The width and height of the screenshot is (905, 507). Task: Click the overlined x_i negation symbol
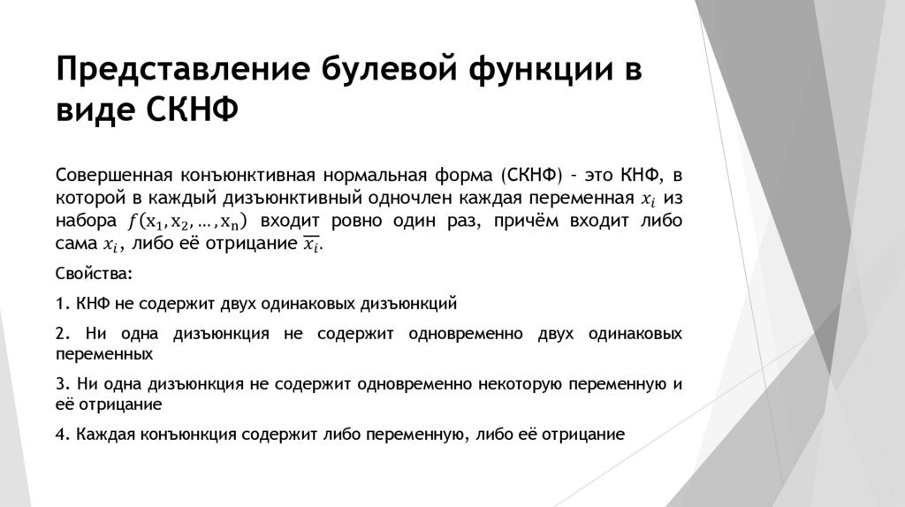click(x=312, y=245)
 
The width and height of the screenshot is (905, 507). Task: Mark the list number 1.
click(x=61, y=304)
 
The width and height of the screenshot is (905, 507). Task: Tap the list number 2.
click(x=61, y=334)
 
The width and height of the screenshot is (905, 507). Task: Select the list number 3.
click(x=61, y=384)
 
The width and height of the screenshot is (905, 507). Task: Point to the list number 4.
click(x=61, y=435)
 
